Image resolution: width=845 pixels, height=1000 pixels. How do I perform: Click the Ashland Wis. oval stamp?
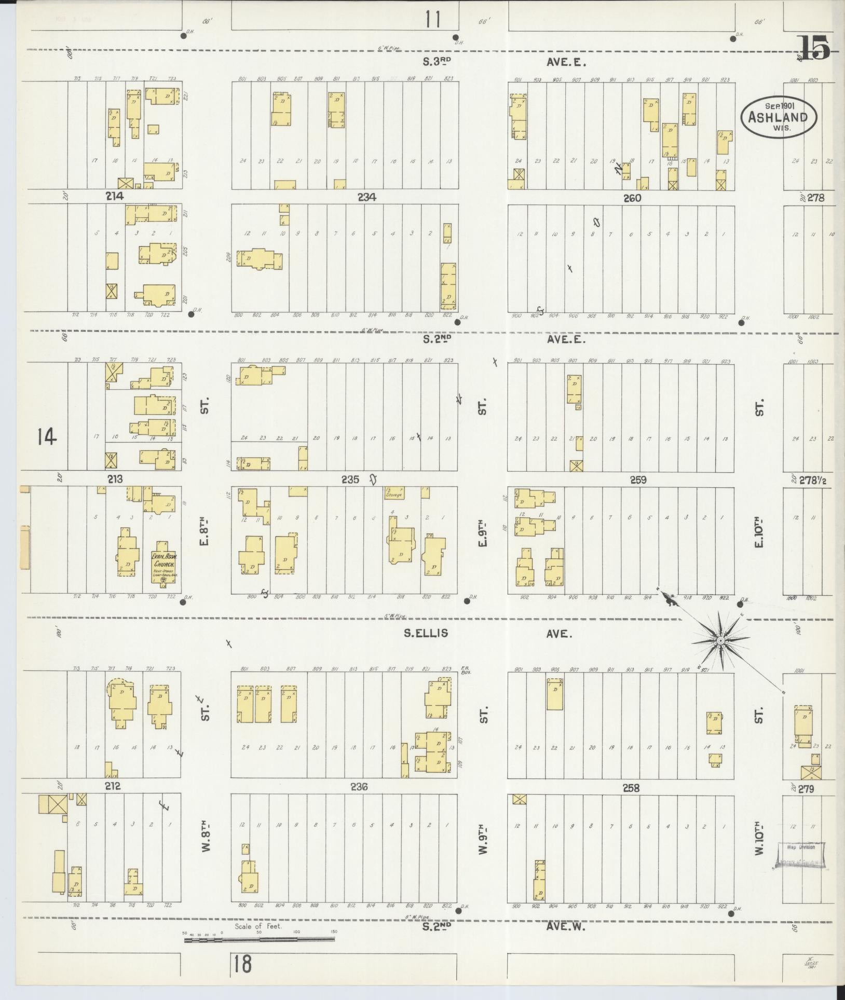pyautogui.click(x=778, y=116)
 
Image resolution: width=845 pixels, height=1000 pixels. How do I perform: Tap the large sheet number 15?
pyautogui.click(x=814, y=48)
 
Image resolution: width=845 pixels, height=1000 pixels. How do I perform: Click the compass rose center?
pyautogui.click(x=721, y=642)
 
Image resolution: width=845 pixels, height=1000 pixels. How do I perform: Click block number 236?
pyautogui.click(x=359, y=787)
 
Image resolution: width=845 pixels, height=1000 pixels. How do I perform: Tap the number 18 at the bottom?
pyautogui.click(x=242, y=964)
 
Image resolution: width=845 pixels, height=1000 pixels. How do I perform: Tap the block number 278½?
pyautogui.click(x=813, y=481)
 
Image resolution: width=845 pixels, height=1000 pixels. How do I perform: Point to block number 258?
pyautogui.click(x=631, y=788)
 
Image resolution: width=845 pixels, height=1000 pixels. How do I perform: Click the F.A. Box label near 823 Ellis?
pyautogui.click(x=465, y=670)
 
